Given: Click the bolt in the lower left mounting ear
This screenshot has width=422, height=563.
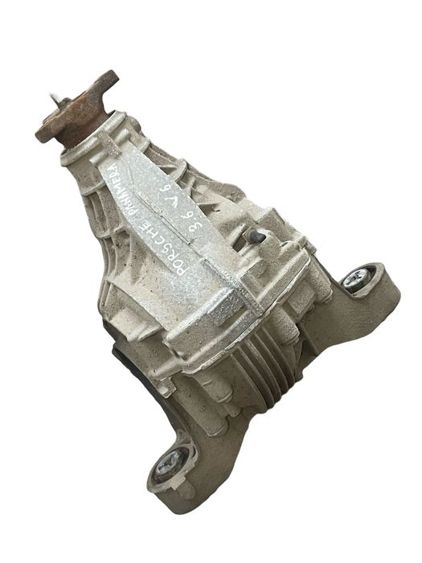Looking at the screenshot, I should point(168,464).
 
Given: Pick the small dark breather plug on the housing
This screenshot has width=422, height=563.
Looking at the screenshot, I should point(256,236).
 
